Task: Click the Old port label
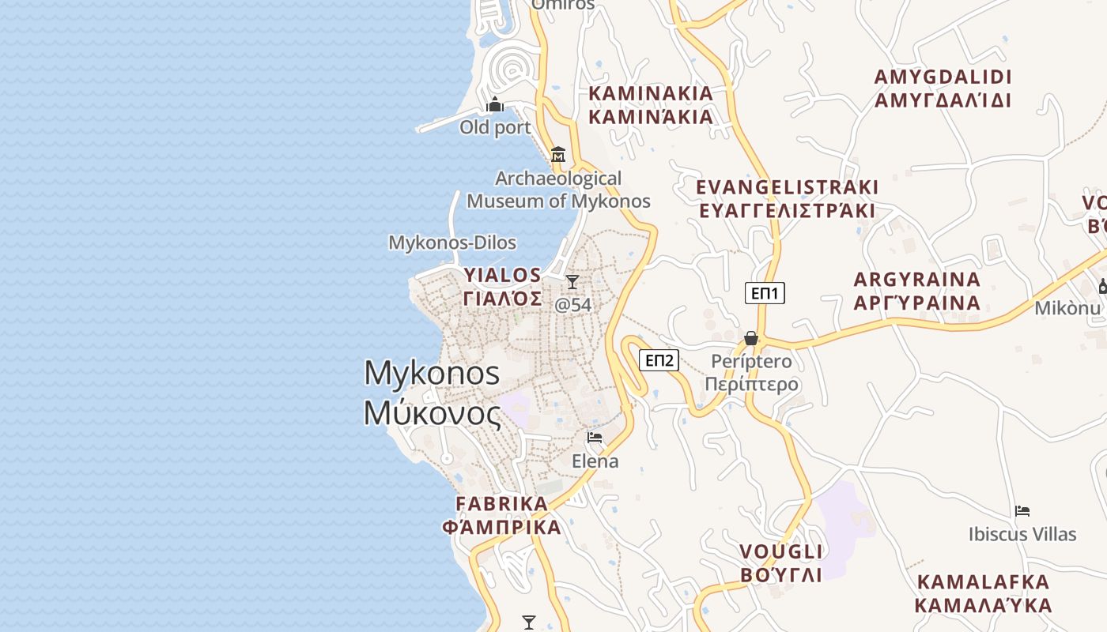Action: coord(495,127)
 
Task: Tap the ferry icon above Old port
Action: coord(495,104)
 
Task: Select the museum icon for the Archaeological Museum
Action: coord(558,153)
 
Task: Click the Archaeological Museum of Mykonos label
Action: coord(558,190)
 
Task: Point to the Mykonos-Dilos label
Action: coord(452,243)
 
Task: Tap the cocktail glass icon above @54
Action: coord(572,282)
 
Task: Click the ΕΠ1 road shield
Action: coord(765,294)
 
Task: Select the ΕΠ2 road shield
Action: coord(659,361)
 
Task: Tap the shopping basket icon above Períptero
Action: coord(751,338)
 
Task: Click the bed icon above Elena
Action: coord(595,438)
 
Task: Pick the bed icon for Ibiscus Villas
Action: coord(1022,511)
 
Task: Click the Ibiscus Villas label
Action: coord(1022,535)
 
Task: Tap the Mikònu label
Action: coord(1067,308)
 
